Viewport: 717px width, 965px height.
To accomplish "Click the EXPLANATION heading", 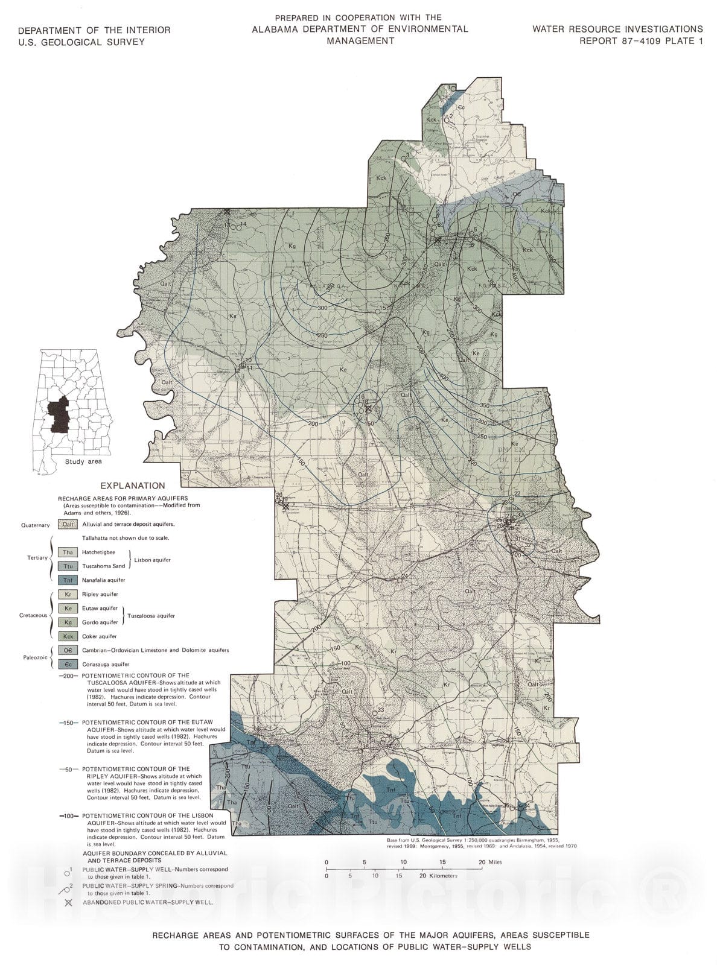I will click(132, 486).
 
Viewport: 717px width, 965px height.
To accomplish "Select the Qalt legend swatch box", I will click(68, 525).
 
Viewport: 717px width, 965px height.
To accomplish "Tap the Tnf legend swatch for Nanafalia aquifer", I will click(68, 580).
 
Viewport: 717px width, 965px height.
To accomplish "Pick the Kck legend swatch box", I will click(68, 636).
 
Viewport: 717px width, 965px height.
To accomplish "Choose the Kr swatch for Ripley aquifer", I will click(68, 595).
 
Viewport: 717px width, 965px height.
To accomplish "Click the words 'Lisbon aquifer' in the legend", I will click(152, 560).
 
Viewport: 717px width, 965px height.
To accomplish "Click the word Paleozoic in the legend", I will click(34, 657).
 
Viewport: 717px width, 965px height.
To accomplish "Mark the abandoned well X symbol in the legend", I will click(68, 902).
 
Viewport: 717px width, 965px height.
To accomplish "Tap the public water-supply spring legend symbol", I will click(68, 887).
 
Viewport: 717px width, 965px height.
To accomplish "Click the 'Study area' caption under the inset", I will click(84, 461).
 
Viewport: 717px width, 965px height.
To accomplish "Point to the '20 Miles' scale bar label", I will click(490, 862).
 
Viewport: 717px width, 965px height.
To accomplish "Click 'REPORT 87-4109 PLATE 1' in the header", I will click(641, 41).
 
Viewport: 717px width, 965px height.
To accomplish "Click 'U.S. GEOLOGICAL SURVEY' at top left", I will click(81, 42).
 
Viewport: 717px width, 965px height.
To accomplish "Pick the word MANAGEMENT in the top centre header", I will click(360, 41).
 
